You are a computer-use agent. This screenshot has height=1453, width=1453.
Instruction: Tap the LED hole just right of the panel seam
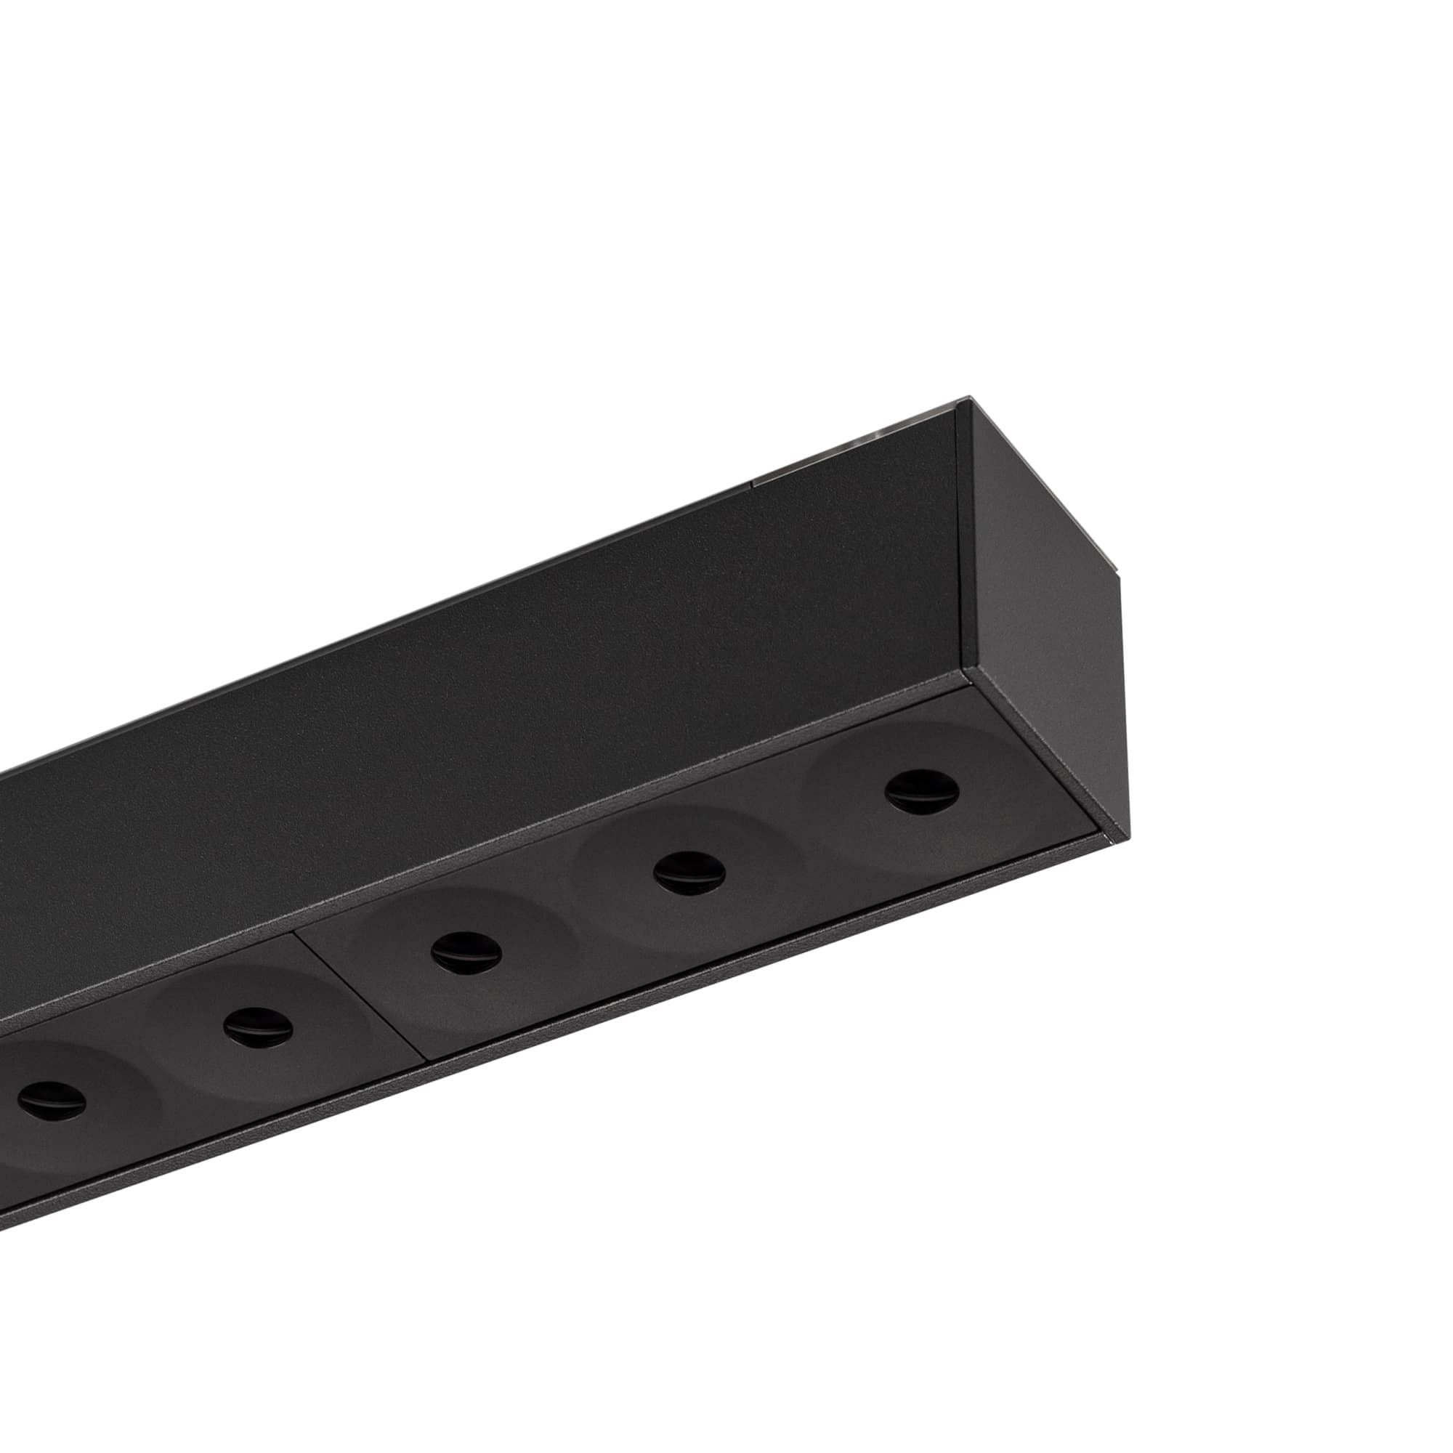466,952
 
